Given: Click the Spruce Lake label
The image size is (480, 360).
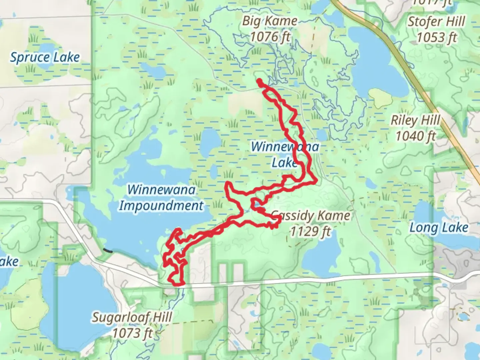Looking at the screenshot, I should point(45,57).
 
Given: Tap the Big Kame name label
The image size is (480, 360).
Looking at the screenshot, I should point(269,21).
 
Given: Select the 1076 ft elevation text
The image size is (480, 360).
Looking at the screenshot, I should point(270,37).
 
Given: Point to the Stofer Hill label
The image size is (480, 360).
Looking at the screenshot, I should point(436,22).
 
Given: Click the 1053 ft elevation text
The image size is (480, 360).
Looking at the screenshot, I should point(437,37).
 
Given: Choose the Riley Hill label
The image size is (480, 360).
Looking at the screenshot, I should point(415,120).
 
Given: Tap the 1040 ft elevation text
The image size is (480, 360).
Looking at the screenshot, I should point(416,136).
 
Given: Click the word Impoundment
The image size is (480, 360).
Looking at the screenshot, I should point(161,205).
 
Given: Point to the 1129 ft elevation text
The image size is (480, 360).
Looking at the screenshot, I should point(310,231).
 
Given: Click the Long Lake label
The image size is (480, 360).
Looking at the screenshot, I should point(439,228).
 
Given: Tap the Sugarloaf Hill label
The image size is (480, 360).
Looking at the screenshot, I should point(132,317).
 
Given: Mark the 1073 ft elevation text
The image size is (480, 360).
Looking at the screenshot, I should point(132,332).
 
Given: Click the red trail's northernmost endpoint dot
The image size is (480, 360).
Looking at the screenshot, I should point(259,80).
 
